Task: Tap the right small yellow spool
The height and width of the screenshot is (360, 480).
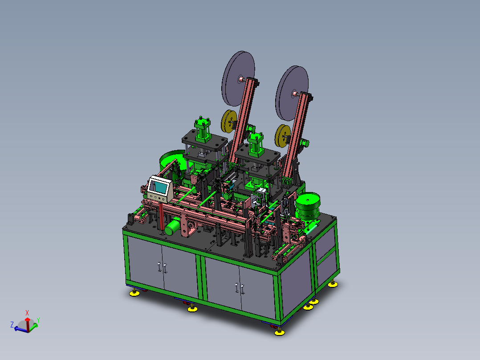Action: pyautogui.click(x=282, y=136)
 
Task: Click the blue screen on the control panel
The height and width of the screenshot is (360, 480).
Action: pyautogui.click(x=159, y=187)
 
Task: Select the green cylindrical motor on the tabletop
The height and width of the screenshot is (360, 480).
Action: pyautogui.click(x=172, y=226)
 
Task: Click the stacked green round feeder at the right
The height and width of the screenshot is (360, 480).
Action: pyautogui.click(x=308, y=206)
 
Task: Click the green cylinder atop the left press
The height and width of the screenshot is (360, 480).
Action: pyautogui.click(x=202, y=129)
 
